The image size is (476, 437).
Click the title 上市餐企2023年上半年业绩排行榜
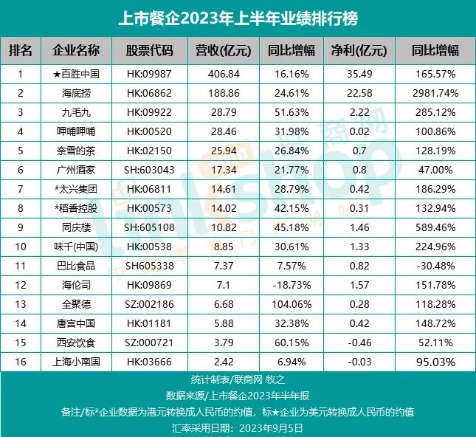point(238,17)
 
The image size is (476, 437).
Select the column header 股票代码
point(149,51)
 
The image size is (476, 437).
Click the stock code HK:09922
point(149,112)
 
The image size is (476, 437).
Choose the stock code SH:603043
point(149,170)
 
